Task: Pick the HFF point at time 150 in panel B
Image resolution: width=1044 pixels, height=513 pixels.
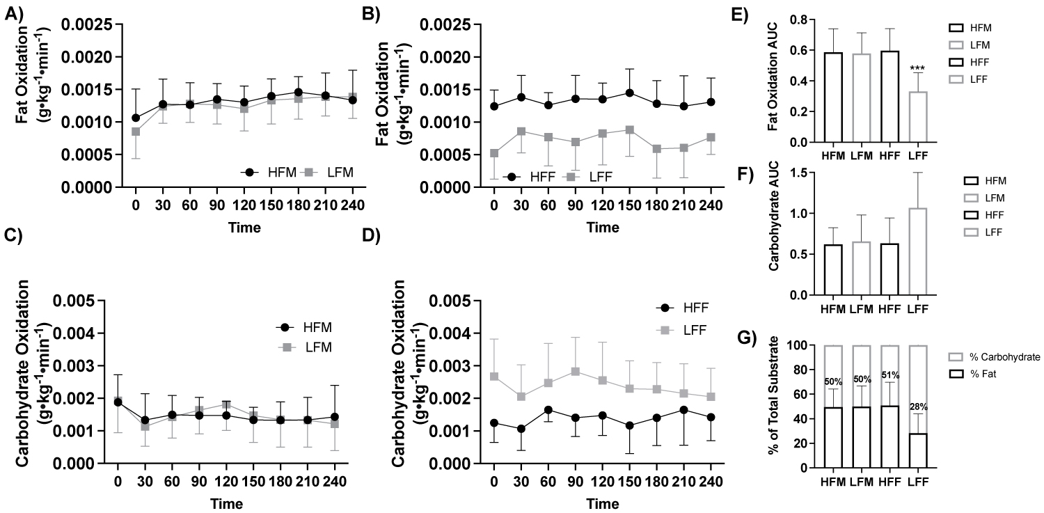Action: (629, 93)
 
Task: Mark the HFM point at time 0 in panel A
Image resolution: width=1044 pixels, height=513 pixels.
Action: (136, 118)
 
